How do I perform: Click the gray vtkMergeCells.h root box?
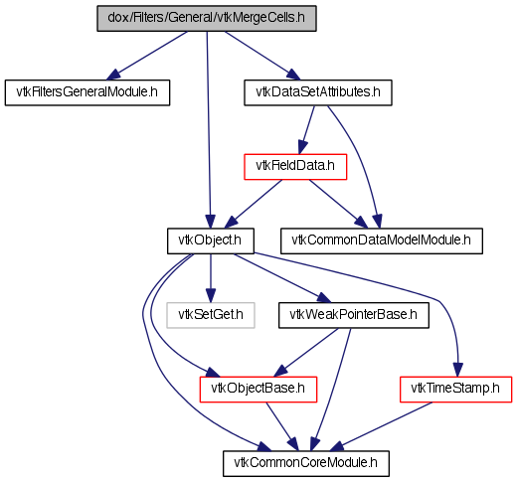tap(207, 18)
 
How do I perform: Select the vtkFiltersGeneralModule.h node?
tap(87, 92)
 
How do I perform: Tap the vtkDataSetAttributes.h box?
tap(318, 92)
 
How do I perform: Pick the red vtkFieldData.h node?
tap(295, 167)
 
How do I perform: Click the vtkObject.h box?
tap(211, 241)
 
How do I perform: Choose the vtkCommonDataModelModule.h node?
tap(382, 241)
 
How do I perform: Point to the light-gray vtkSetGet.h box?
tap(211, 315)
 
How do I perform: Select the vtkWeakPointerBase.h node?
tap(354, 315)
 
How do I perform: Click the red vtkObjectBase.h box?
tap(258, 390)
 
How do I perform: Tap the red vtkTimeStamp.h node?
tap(455, 390)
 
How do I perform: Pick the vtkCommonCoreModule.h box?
tap(306, 463)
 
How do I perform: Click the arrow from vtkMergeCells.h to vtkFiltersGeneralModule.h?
tap(146, 56)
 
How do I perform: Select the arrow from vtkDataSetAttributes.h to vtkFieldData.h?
tap(306, 130)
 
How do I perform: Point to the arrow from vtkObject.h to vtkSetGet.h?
tap(211, 278)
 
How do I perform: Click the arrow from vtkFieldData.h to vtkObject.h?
tap(254, 204)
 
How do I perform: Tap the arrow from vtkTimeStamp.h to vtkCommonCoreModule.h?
tap(381, 426)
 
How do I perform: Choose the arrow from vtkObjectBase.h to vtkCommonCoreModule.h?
tap(282, 426)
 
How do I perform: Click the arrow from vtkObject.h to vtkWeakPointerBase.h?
tap(282, 278)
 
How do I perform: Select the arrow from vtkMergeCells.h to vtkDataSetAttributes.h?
tap(262, 56)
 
